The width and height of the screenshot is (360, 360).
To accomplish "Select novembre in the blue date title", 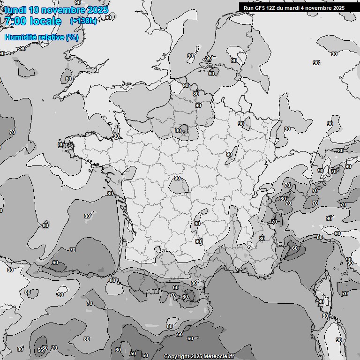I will pyautogui.click(x=64, y=10).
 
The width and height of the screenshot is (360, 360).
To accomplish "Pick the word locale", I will pyautogui.click(x=45, y=21).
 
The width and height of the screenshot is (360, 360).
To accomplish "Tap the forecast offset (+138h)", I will pyautogui.click(x=83, y=21).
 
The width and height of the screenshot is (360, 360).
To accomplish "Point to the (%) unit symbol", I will pyautogui.click(x=72, y=37).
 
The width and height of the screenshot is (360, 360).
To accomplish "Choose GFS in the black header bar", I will pyautogui.click(x=259, y=8).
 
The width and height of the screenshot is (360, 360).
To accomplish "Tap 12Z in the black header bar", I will pyautogui.click(x=271, y=8).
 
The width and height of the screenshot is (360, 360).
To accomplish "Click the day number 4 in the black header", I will pyautogui.click(x=304, y=8).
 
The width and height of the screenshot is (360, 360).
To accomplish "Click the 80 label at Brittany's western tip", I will pyautogui.click(x=61, y=144).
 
